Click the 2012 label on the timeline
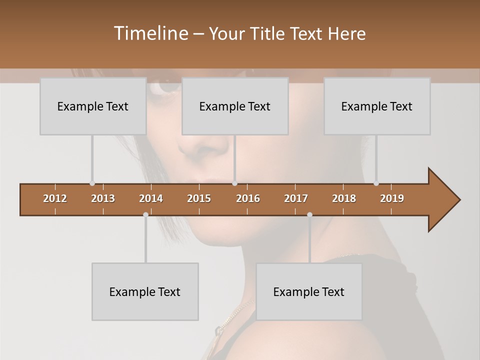(x=55, y=198)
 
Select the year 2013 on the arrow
(x=103, y=198)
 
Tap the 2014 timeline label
(x=151, y=198)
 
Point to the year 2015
(x=199, y=198)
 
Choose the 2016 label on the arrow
(x=248, y=198)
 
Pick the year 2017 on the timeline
(x=296, y=198)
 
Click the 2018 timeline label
(x=344, y=198)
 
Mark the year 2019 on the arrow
(x=392, y=198)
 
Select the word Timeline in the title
(x=150, y=33)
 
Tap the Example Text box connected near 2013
(x=93, y=106)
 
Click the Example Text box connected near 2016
(x=235, y=106)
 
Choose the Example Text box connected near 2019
(x=377, y=106)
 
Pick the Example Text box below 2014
(x=145, y=291)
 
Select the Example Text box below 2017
(x=309, y=291)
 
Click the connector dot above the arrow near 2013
(x=92, y=183)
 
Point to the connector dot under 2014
(x=145, y=214)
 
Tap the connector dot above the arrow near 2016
(x=235, y=183)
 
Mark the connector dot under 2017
(x=309, y=214)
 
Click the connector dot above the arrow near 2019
(x=376, y=183)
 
